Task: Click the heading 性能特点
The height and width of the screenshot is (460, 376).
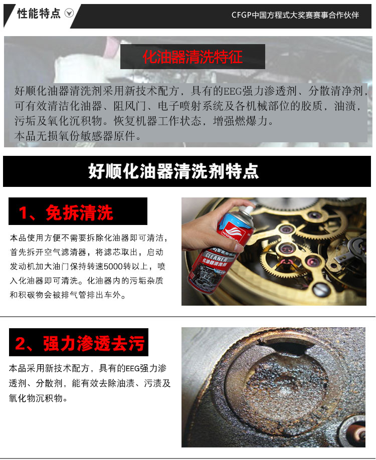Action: click(39, 14)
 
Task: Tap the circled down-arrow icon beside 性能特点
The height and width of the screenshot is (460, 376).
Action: click(69, 13)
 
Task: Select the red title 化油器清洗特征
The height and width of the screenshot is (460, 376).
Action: click(193, 57)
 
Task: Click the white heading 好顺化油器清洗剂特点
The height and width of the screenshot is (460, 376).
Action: click(173, 171)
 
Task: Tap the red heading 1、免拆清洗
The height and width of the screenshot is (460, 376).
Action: click(66, 212)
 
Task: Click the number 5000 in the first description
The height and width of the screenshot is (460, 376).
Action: click(113, 267)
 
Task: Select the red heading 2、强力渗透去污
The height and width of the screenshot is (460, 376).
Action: click(80, 343)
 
